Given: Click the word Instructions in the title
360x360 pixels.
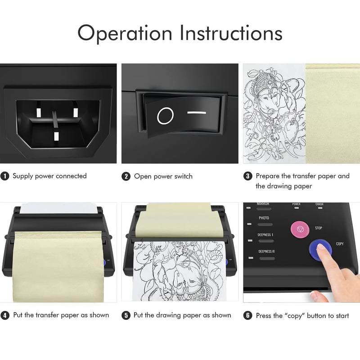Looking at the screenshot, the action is [231, 32].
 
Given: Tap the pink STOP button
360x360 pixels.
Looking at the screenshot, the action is [300, 229].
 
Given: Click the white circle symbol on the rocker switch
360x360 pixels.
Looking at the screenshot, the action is [165, 116].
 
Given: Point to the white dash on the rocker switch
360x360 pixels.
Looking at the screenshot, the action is [197, 112].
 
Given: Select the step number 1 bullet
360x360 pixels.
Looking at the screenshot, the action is [5, 176].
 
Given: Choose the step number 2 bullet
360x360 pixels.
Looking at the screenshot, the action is [126, 176].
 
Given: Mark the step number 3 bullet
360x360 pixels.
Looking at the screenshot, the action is [248, 176].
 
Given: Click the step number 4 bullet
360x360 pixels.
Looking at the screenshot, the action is [5, 315].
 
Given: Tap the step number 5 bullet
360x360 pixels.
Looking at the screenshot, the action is [126, 315].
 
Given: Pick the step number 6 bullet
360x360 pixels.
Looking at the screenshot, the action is [248, 315].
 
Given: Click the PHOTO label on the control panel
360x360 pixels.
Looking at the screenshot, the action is [264, 218].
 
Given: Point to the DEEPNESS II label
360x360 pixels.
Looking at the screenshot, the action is [266, 252].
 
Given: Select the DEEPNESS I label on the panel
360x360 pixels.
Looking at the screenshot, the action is [265, 234].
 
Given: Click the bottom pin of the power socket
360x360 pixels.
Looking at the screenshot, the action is [56, 136].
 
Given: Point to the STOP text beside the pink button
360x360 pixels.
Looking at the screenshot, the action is [319, 228].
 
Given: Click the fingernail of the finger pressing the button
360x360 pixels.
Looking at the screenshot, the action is [321, 247].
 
